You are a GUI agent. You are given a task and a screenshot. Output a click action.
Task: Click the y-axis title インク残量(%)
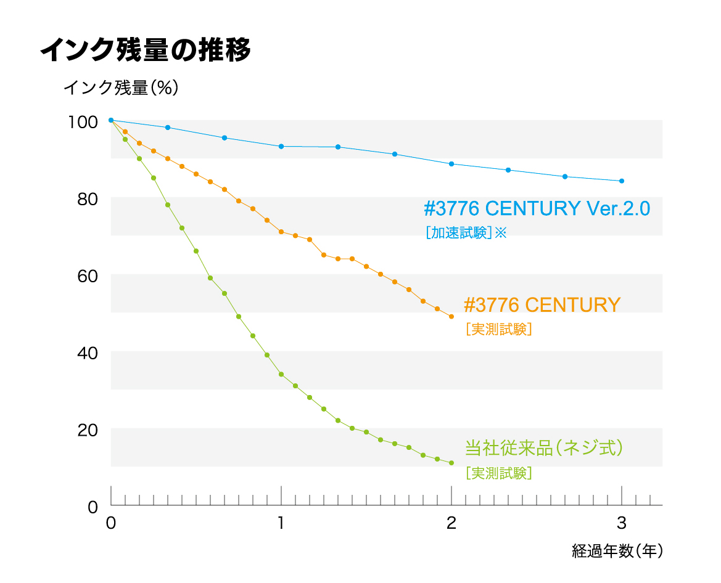coord(121,88)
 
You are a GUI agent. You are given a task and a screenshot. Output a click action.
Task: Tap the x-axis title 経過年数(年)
coord(617,550)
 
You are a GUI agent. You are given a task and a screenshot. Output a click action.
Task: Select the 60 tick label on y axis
coord(88,275)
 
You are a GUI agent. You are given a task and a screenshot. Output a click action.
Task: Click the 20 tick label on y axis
coord(88,430)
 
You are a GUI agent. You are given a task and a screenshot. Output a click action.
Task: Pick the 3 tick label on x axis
coord(622,523)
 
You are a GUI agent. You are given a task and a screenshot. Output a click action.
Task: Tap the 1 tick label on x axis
coord(281,523)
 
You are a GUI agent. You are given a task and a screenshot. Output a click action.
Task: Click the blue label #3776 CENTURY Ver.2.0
coord(537,209)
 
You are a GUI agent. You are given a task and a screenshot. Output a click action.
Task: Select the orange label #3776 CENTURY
coord(542,304)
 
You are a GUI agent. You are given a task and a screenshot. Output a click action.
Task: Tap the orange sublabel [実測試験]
coord(499,330)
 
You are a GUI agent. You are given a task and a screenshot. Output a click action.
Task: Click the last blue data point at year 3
coord(622,181)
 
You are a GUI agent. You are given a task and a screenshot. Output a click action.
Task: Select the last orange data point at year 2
coord(451,317)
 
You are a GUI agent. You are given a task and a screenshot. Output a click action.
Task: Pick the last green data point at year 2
coord(451,463)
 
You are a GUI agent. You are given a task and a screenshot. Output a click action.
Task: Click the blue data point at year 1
coord(281,147)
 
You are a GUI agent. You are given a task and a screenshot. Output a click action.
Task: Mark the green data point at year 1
coord(281,375)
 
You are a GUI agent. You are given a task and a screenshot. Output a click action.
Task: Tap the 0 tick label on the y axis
coord(93,507)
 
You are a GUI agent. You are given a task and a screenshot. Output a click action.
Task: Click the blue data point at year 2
coord(451,164)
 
